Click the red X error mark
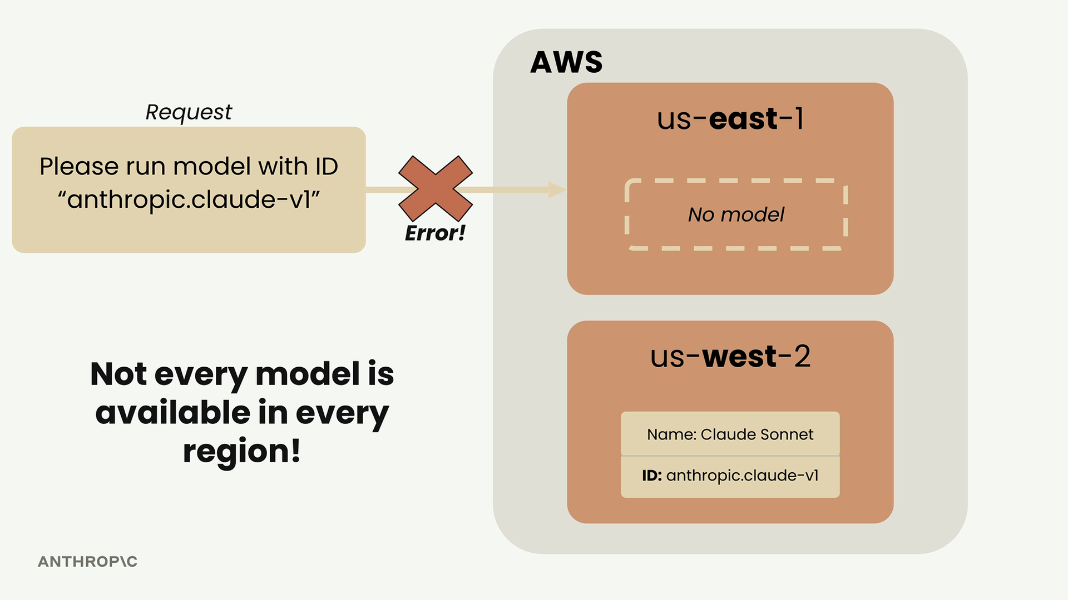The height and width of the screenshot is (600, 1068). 436,188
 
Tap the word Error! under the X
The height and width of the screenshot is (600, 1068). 435,233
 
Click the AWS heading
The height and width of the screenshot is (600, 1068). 566,62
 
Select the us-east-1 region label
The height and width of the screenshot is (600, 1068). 730,119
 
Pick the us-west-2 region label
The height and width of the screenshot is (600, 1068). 730,356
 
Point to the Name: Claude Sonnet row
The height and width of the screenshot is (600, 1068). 730,434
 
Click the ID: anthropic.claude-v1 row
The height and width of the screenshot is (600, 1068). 730,476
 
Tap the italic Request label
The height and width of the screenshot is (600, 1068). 189,112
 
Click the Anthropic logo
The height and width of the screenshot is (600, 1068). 87,562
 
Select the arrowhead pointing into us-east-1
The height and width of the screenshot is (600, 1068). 557,189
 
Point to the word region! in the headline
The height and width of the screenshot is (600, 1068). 242,451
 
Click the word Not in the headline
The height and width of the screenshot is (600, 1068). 118,373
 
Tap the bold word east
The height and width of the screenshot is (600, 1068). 743,119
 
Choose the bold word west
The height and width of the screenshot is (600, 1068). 739,356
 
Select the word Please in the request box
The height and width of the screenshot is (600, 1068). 79,167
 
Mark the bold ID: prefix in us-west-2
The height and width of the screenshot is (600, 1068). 652,476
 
